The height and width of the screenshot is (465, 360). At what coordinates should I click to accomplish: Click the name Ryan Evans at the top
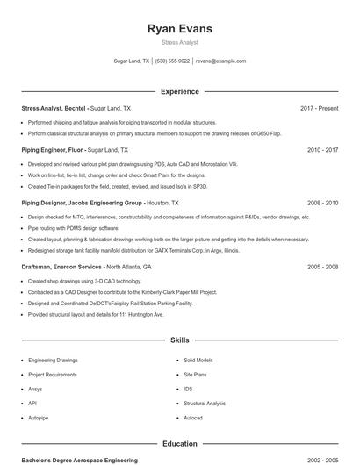point(180,28)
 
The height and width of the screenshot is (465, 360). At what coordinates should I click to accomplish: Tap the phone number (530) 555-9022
point(173,61)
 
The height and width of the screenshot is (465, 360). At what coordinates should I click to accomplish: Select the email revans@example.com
point(220,61)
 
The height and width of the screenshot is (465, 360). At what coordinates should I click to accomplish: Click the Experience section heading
point(180,91)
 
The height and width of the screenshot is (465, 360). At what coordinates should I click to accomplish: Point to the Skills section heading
point(180,340)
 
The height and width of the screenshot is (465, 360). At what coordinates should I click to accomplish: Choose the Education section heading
point(180,444)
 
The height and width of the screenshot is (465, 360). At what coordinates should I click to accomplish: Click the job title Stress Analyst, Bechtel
point(54,108)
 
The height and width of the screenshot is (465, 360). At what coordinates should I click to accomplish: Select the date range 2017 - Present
point(319,108)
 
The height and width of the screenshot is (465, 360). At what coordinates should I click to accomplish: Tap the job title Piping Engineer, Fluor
point(53,150)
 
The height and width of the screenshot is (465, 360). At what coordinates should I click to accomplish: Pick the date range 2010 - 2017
point(322,150)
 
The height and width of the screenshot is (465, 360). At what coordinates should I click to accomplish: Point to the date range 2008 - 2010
point(322,202)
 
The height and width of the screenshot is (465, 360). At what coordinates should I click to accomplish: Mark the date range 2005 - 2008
point(322,266)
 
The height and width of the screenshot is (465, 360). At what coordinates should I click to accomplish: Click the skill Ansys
point(35,389)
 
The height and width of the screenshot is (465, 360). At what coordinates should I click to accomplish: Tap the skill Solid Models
point(198,360)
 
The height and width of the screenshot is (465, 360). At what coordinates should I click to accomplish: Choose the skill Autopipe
point(38,418)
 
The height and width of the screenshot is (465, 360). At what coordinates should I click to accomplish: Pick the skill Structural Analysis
point(205,403)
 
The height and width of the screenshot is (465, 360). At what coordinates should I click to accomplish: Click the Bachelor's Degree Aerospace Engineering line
point(80,460)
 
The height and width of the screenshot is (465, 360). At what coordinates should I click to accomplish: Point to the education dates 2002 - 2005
point(322,460)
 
